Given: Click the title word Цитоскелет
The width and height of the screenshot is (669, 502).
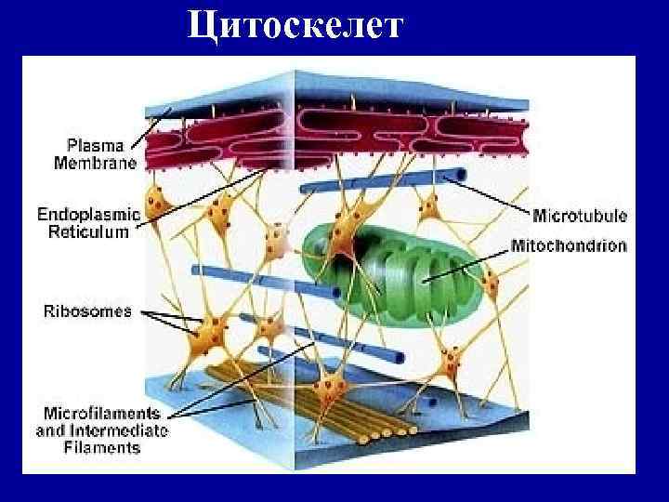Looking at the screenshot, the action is tap(295, 24).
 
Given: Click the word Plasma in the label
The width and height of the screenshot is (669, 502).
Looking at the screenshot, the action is tap(92, 146).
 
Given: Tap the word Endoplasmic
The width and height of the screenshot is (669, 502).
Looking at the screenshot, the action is tap(88, 215).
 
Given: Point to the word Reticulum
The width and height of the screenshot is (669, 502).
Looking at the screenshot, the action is tap(88, 231).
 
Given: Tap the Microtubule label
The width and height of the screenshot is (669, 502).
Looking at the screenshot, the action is tap(579, 217).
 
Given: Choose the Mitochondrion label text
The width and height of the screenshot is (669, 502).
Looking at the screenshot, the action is tap(569, 247).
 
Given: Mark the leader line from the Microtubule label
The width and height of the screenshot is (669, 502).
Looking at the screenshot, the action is tap(492, 195).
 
